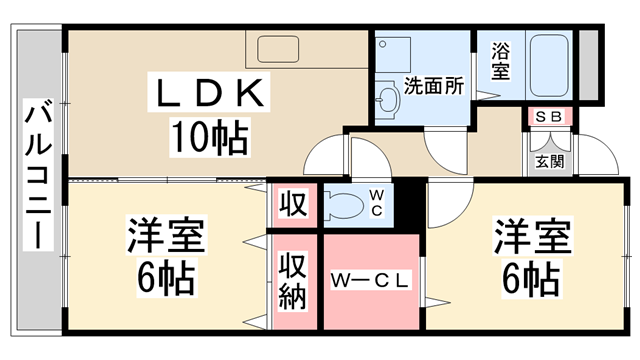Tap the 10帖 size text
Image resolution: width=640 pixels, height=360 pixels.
pyautogui.click(x=209, y=137)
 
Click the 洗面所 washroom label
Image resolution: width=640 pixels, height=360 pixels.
pyautogui.click(x=434, y=86)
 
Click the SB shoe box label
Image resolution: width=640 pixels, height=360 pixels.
pyautogui.click(x=548, y=117)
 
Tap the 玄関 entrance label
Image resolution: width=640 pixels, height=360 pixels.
pyautogui.click(x=548, y=161)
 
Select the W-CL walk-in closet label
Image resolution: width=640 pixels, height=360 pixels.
pyautogui.click(x=369, y=282)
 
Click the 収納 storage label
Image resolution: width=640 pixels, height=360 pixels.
pyautogui.click(x=293, y=283)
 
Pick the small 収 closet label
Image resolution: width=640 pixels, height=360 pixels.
pyautogui.click(x=293, y=206)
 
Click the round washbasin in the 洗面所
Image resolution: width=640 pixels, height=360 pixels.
pyautogui.click(x=387, y=96)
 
